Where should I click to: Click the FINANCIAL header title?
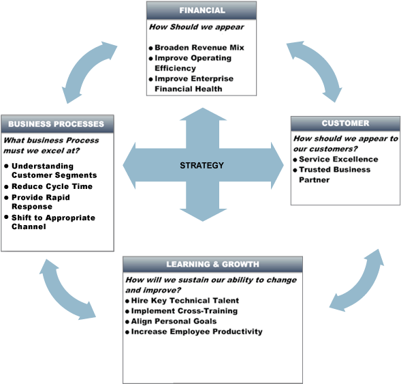pos(202,10)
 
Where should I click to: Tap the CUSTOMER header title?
pos(345,123)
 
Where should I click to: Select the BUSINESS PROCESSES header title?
pos(57,124)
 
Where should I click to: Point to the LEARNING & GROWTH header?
pos(213,264)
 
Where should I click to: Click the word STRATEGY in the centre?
pos(202,166)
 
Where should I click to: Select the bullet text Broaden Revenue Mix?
pos(199,48)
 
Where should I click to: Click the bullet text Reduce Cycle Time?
pos(52,186)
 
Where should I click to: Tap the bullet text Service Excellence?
pos(338,160)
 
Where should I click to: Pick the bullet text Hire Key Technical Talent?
pos(185,301)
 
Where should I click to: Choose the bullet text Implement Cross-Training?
pos(185,311)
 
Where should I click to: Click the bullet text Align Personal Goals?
pos(174,321)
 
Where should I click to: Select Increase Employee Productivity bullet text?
pos(197,331)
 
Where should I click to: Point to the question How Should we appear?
pos(197,27)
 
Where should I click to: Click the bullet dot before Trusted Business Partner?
pos(295,170)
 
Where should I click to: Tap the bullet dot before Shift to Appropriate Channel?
pos(6,217)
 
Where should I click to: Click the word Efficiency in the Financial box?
pos(175,68)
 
